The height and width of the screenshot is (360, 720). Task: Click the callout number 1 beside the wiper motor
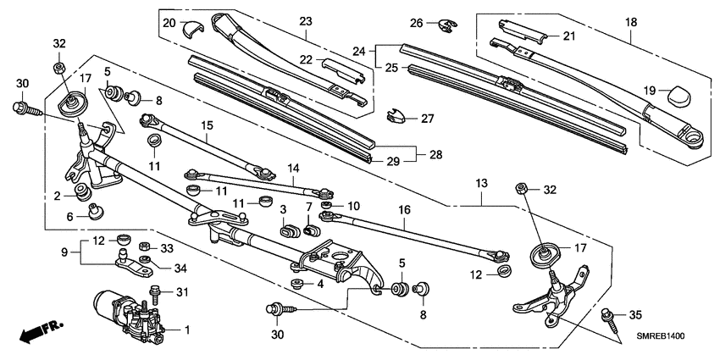pos(187,329)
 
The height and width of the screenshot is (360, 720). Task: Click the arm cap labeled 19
pos(678,95)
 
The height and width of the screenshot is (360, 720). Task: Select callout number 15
pos(205,125)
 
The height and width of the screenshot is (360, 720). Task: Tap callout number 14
pos(293,169)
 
